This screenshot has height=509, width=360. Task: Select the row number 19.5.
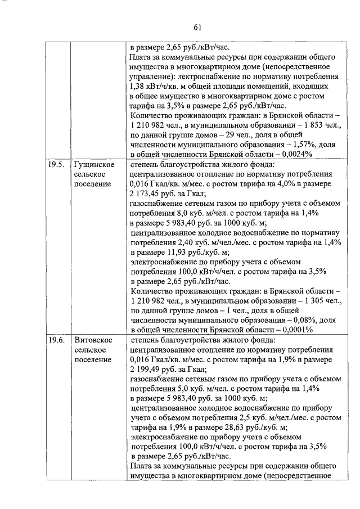coord(56,165)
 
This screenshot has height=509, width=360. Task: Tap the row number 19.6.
coord(56,340)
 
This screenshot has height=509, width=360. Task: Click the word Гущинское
coord(94,165)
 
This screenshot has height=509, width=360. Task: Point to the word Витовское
coord(94,340)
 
